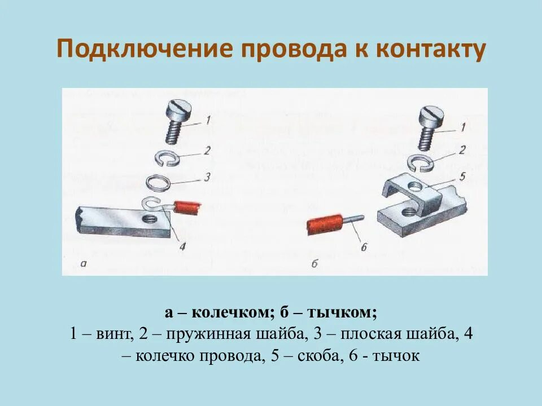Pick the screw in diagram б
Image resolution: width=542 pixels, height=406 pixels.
tap(430, 126)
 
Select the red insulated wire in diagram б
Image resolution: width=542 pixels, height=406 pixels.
tap(325, 226)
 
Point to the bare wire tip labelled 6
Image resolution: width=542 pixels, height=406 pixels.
tap(353, 218)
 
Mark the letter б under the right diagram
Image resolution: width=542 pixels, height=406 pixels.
tap(314, 263)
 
